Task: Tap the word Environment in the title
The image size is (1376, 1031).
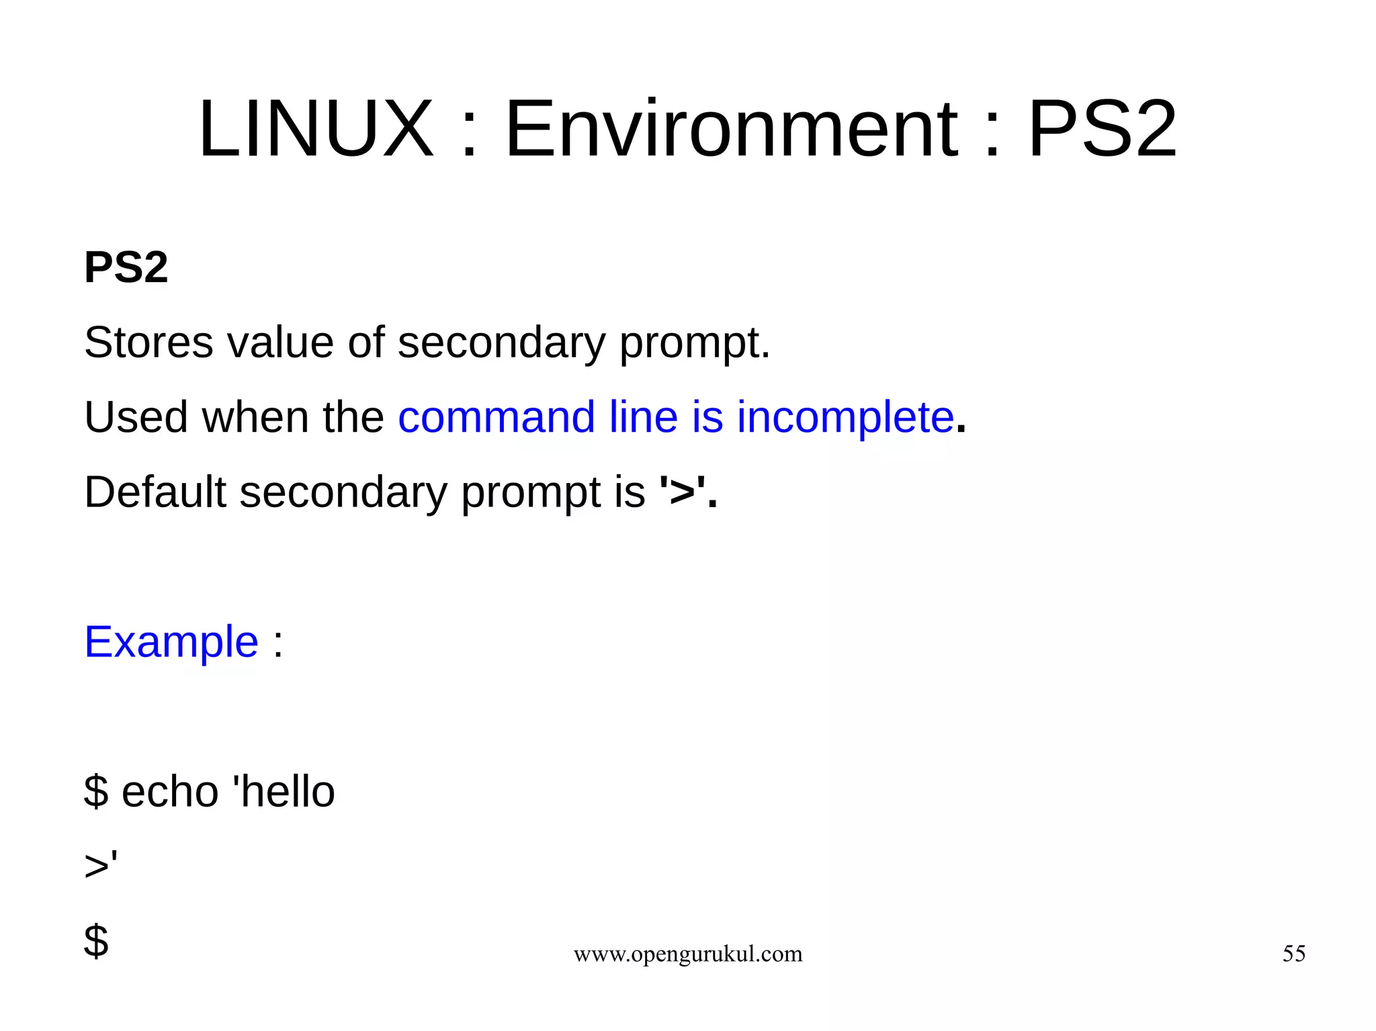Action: (731, 129)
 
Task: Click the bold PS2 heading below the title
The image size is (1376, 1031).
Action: (126, 267)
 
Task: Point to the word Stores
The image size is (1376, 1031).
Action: (148, 343)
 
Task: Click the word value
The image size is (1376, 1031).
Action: (280, 343)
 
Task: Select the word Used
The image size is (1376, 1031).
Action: (136, 417)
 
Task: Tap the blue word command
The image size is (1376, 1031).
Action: (497, 417)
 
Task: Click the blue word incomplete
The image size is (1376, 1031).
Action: (845, 417)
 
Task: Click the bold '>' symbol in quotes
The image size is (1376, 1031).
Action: (682, 492)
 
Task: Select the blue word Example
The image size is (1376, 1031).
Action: (171, 642)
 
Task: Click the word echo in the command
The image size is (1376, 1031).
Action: (170, 791)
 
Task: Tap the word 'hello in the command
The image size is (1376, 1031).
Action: (283, 791)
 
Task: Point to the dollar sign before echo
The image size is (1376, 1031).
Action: (96, 791)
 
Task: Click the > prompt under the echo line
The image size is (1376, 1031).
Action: (97, 866)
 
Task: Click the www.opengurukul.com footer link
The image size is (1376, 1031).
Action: (688, 954)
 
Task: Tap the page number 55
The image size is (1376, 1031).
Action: (1293, 954)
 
